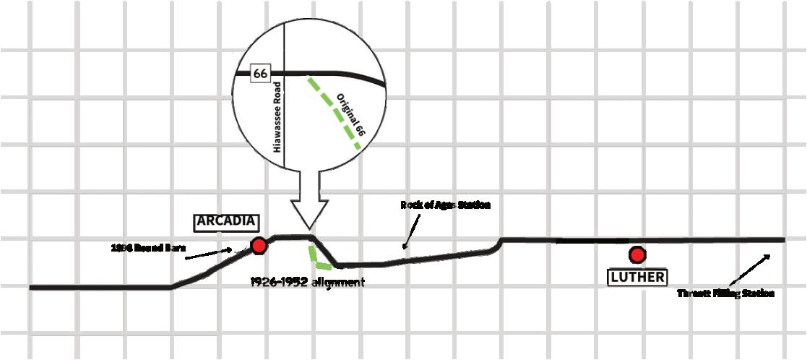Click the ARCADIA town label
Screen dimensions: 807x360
pos(226,222)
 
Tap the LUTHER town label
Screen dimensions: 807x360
pos(636,277)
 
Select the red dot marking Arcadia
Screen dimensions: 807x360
pos(259,247)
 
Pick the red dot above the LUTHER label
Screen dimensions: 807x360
pos(636,254)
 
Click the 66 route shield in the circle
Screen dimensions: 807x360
pos(259,73)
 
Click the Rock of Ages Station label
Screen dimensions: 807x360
pos(445,205)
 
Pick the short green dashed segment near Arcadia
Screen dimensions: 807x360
pos(316,259)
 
